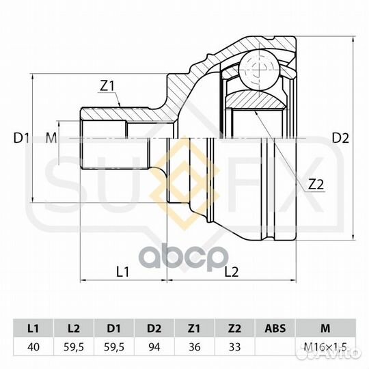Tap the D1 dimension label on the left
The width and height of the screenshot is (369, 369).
click(x=21, y=138)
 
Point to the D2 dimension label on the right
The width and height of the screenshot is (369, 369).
click(x=340, y=138)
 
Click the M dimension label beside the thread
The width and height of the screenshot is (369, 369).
click(x=51, y=138)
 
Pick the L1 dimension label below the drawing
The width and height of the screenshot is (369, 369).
click(x=123, y=272)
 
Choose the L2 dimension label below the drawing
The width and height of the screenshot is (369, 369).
click(x=232, y=272)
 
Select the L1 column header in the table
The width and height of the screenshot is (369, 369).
click(x=33, y=328)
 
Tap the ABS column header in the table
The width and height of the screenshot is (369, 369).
click(x=275, y=328)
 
